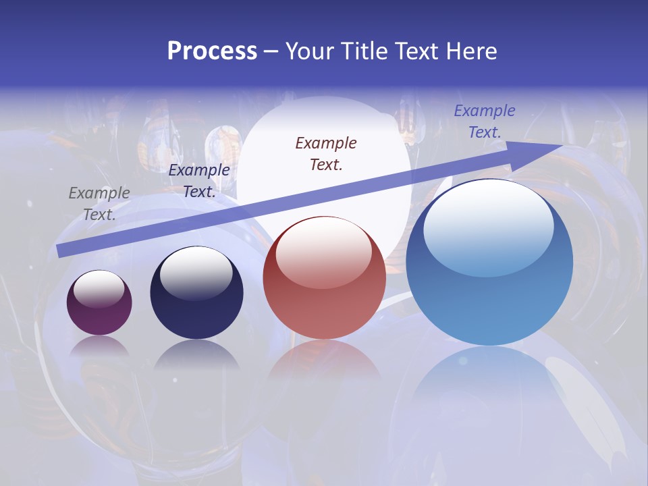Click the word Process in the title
coord(212,51)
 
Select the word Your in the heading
coord(310,51)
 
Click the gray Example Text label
coord(99,204)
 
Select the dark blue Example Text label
coord(199,181)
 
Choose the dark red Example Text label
coord(326,154)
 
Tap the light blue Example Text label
coord(485,122)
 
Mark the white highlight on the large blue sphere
coord(489,226)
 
